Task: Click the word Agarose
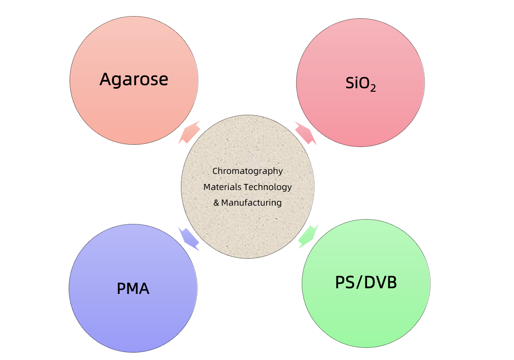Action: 134,80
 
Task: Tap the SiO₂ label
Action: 360,83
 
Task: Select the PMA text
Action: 133,289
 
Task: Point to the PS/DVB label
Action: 366,283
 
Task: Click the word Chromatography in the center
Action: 247,171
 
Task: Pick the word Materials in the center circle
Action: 223,187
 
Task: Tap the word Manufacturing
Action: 251,203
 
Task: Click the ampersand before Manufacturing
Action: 216,203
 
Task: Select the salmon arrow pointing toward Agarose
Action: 189,132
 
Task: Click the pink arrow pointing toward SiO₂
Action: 306,133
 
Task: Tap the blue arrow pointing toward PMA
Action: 189,239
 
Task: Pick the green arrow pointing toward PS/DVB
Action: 308,237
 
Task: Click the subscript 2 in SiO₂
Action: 373,88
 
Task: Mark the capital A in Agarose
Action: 105,80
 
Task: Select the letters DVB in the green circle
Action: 380,283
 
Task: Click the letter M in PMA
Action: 133,289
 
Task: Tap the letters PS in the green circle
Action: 345,283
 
